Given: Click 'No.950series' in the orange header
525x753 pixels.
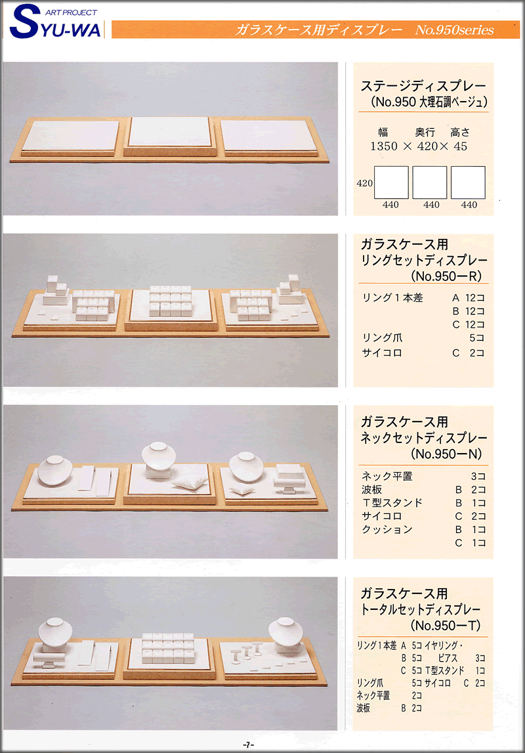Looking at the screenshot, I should click(454, 30).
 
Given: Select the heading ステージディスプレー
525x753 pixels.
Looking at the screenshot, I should click(423, 87).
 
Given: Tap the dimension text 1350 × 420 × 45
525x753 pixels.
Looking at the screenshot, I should click(418, 146).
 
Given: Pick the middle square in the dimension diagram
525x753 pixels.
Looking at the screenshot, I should click(429, 182).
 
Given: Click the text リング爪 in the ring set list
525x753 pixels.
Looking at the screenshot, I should click(382, 338).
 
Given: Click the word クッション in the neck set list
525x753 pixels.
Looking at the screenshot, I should click(387, 529).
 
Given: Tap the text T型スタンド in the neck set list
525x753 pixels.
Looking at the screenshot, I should click(392, 503).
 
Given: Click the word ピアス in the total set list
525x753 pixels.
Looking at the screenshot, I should click(440, 657).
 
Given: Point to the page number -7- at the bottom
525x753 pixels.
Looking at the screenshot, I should click(247, 744).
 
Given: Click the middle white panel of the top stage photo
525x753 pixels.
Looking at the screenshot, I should click(169, 132).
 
